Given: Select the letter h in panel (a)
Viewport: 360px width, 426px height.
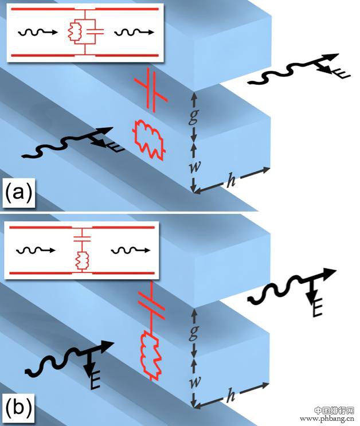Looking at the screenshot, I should (x=231, y=180).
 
